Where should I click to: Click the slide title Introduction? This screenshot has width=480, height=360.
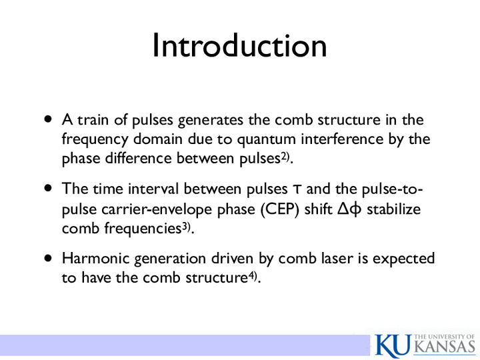pos(240,45)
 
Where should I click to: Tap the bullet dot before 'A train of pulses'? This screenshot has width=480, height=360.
pos(48,119)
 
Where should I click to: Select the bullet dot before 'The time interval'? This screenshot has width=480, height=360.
pos(48,187)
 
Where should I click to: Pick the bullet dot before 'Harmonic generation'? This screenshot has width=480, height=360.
pos(48,258)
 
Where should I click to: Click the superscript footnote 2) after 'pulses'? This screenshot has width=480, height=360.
pos(285,157)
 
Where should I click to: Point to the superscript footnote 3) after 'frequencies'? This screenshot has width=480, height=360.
pos(186,227)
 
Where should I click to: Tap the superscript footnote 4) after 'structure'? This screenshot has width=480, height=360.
pos(252,276)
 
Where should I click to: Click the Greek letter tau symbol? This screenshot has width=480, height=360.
pos(297,190)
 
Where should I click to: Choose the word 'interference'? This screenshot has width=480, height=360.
pos(342,139)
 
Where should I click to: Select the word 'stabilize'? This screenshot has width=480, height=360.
pos(394,209)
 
